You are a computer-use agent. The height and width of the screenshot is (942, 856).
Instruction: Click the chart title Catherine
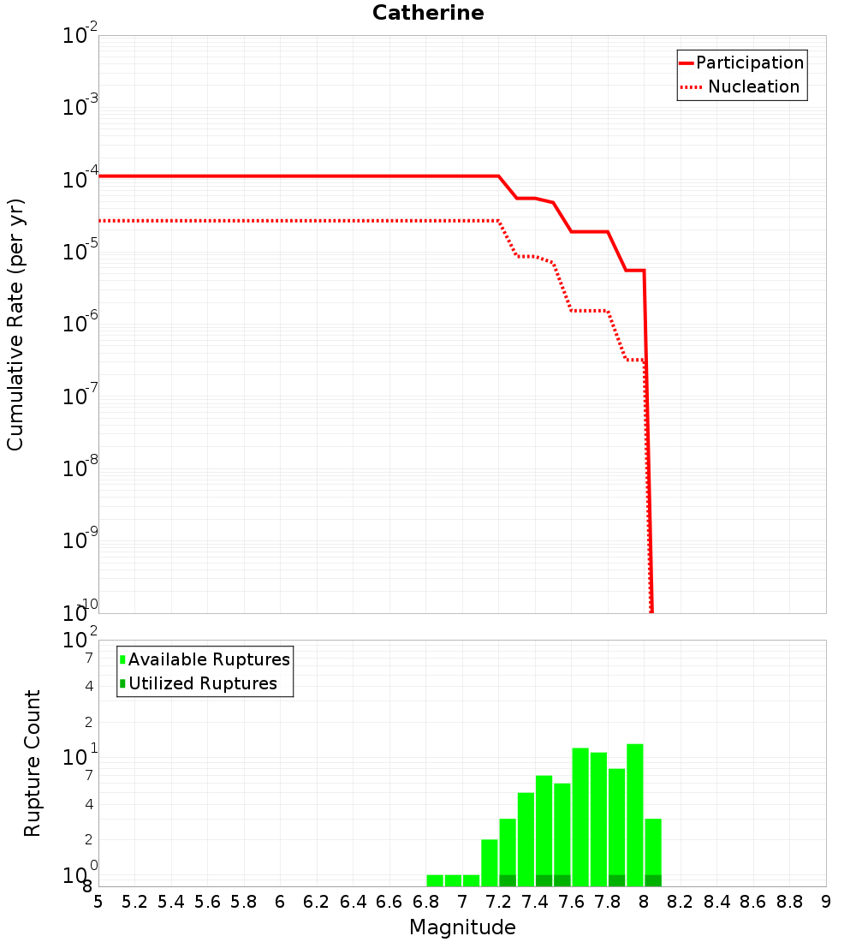point(428,14)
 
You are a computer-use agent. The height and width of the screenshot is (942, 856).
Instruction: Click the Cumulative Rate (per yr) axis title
point(15,324)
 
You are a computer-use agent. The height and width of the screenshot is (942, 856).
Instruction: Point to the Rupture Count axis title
point(33,763)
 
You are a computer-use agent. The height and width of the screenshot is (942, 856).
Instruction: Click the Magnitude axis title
point(462,927)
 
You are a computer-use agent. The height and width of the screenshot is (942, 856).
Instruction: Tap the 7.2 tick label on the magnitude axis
point(499,902)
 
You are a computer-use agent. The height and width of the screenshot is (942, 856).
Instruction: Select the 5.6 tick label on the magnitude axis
point(208,902)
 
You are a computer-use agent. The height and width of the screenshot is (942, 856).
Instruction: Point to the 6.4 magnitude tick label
point(354,902)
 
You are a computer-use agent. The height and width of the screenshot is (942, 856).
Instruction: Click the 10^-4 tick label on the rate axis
point(80,178)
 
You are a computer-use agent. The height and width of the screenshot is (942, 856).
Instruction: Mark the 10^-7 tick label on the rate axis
point(80,396)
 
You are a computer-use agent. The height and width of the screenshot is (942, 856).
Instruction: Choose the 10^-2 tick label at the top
point(80,36)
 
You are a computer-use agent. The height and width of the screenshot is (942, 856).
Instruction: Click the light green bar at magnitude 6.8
point(435,880)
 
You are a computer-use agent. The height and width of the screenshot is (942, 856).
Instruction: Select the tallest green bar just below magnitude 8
point(635,814)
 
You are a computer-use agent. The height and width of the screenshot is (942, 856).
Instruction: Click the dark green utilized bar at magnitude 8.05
point(653,880)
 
